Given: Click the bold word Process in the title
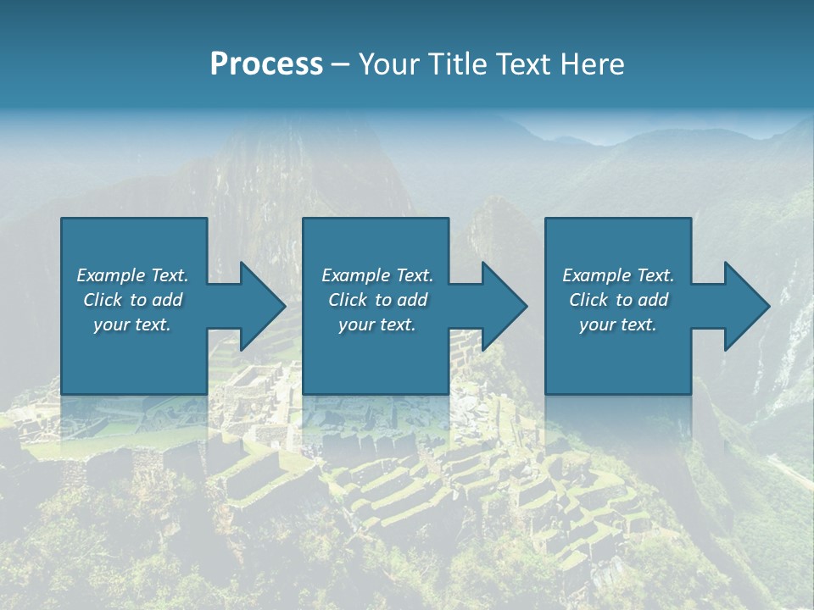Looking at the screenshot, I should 266,64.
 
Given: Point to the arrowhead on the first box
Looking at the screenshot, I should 259,306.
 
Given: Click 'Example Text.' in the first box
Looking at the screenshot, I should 132,275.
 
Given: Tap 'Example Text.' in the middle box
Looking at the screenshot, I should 377,275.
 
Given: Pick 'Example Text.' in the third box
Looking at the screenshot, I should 618,275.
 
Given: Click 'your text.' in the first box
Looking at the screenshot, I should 132,324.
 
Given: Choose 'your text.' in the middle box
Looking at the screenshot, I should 377,324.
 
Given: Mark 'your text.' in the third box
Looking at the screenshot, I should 618,324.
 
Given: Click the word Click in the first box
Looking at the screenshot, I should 103,300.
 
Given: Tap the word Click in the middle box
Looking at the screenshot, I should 348,300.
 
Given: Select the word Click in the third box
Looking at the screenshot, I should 588,300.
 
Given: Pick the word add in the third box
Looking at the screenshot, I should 653,300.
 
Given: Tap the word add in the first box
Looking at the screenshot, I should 167,300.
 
